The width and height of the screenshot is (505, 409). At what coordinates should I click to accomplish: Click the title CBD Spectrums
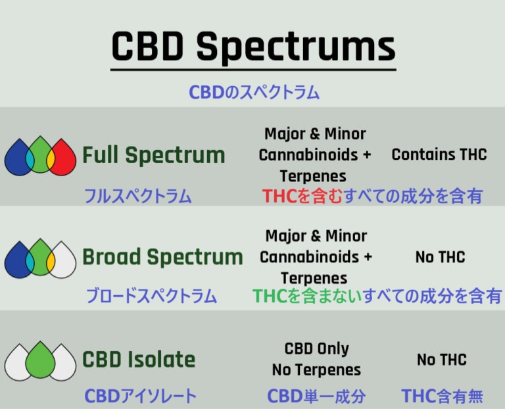pyautogui.click(x=253, y=46)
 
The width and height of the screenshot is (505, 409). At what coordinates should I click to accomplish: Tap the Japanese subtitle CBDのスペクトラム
pyautogui.click(x=254, y=92)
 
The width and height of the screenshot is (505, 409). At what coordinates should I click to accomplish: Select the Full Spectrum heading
pyautogui.click(x=154, y=156)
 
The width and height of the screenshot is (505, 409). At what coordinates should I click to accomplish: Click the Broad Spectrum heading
pyautogui.click(x=162, y=257)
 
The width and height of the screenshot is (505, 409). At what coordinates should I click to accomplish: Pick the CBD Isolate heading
pyautogui.click(x=139, y=360)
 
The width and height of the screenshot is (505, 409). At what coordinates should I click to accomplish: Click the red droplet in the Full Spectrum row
pyautogui.click(x=63, y=158)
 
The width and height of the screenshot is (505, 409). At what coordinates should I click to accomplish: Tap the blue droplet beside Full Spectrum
pyautogui.click(x=18, y=158)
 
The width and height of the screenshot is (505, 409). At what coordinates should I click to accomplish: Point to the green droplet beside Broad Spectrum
pyautogui.click(x=40, y=258)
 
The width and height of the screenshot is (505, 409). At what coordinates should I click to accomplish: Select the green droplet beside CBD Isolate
pyautogui.click(x=40, y=361)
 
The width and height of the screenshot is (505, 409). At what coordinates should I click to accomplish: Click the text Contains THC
pyautogui.click(x=439, y=155)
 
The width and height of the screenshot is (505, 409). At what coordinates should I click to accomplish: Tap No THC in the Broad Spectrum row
pyautogui.click(x=441, y=257)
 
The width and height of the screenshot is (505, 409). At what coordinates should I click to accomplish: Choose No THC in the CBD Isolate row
pyautogui.click(x=442, y=360)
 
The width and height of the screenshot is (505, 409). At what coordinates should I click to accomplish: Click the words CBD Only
pyautogui.click(x=316, y=349)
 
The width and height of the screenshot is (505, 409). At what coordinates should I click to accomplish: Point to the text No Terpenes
pyautogui.click(x=316, y=370)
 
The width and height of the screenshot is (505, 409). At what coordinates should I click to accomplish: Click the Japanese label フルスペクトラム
pyautogui.click(x=138, y=196)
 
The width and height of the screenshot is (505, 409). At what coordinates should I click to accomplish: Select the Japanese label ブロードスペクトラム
pyautogui.click(x=151, y=296)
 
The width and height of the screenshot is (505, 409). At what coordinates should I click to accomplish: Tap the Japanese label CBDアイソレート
pyautogui.click(x=141, y=396)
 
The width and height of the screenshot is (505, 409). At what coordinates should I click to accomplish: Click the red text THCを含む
pyautogui.click(x=302, y=196)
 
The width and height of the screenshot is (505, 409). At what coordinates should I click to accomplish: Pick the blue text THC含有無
pyautogui.click(x=442, y=396)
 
